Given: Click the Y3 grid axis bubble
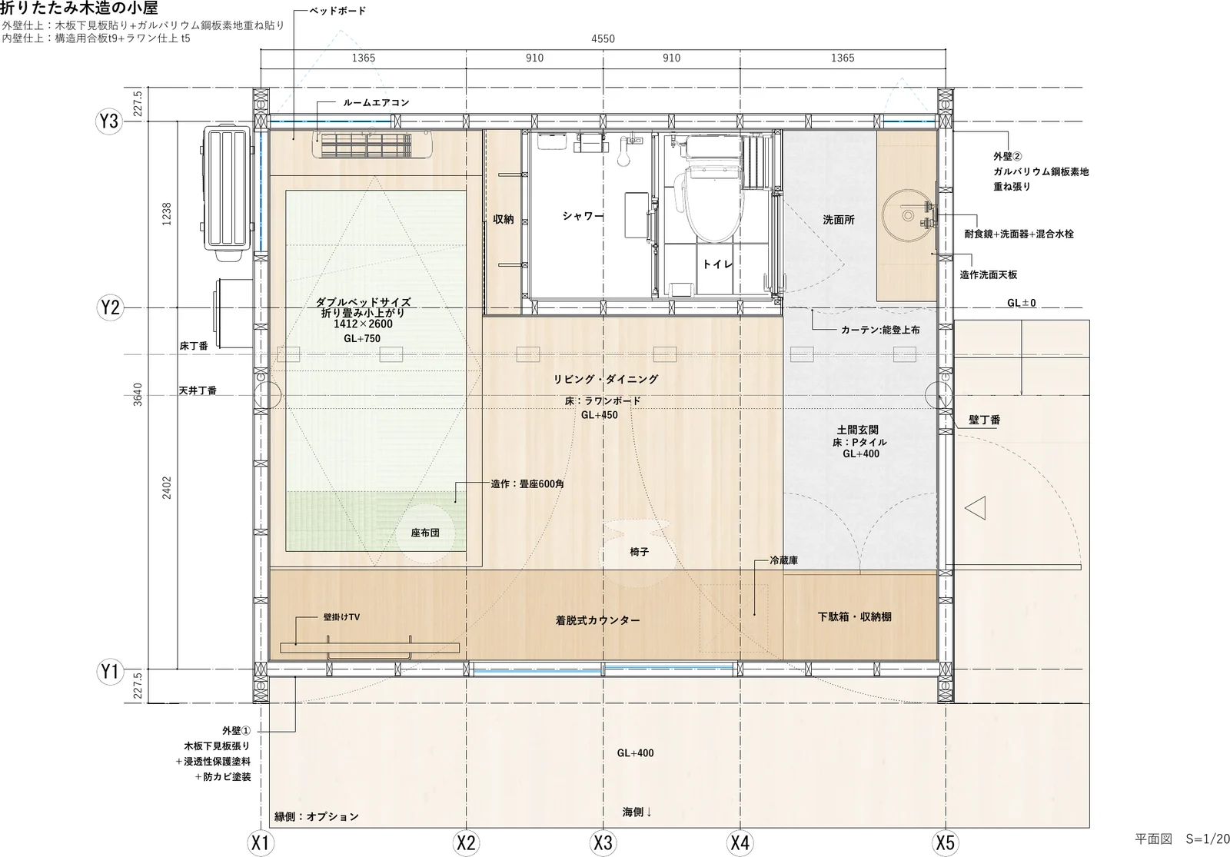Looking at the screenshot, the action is pos(109,121).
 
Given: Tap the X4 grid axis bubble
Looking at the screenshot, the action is pos(740,842).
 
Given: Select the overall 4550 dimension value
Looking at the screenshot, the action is pos(603,38).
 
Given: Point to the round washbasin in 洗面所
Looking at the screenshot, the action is pos(906,214).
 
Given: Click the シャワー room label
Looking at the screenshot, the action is pos(582,216).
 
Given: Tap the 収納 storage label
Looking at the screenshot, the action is pos(503,219).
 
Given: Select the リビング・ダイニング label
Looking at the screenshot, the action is pos(605,379).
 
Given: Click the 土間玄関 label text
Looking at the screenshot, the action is pos(857,430).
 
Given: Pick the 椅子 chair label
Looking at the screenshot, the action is pos(639,552).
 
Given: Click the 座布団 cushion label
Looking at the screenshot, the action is pos(425,533).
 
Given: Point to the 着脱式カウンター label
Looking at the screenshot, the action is pos(597,620).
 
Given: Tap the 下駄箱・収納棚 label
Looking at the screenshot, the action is pos(854,616).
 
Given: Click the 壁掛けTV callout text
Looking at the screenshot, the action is pos(341,617).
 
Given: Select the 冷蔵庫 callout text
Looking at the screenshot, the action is pos(783,560).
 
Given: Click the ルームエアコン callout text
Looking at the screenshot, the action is pos(376,103).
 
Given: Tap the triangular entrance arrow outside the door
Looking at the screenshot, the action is pos(976,508).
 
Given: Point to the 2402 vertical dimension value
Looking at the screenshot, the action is pos(166,487).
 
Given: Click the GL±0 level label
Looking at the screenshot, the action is pos(1022,303).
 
